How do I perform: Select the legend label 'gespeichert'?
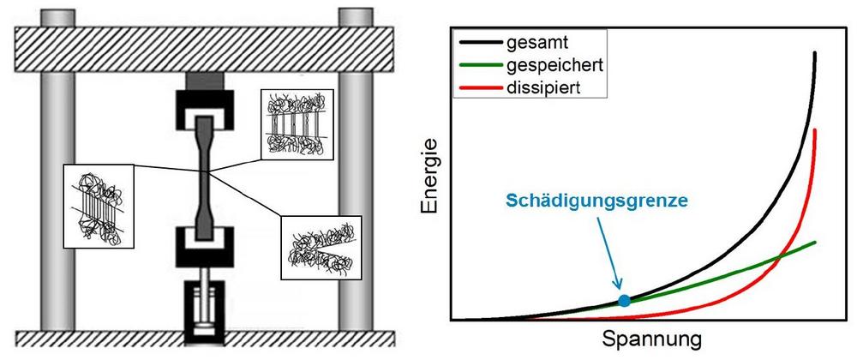pyautogui.click(x=554, y=65)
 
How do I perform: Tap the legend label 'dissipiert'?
pyautogui.click(x=543, y=87)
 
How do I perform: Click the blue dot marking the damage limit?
pyautogui.click(x=624, y=300)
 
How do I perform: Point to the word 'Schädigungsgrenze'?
pyautogui.click(x=596, y=201)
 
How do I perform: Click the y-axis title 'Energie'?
pyautogui.click(x=429, y=175)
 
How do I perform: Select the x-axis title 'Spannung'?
pyautogui.click(x=651, y=339)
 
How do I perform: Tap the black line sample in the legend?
pyautogui.click(x=481, y=42)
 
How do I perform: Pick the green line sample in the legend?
pyautogui.click(x=481, y=65)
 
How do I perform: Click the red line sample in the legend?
pyautogui.click(x=481, y=87)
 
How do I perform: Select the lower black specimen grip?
pyautogui.click(x=205, y=246)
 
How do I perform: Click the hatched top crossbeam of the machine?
pyautogui.click(x=204, y=49)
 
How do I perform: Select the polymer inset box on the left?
pyautogui.click(x=99, y=206)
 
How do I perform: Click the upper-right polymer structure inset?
pyautogui.click(x=297, y=124)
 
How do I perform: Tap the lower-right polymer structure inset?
pyautogui.click(x=321, y=249)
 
